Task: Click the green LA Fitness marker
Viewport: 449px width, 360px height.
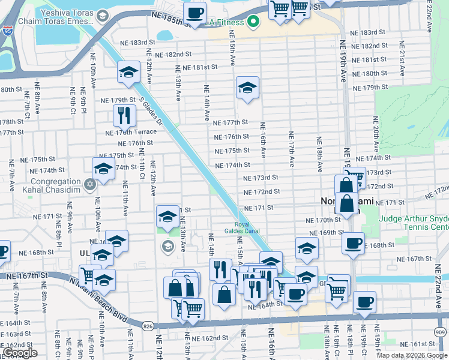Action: pos(253,23)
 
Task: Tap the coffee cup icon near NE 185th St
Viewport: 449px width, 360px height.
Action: pos(194,13)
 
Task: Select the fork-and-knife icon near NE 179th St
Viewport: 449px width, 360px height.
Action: pos(124,114)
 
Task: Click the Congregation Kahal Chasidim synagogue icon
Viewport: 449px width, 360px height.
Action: pos(90,184)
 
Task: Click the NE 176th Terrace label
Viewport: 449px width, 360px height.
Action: pos(130,133)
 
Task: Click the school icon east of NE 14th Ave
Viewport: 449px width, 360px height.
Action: pos(247,88)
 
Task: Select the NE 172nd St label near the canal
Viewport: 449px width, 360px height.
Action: pos(262,192)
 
